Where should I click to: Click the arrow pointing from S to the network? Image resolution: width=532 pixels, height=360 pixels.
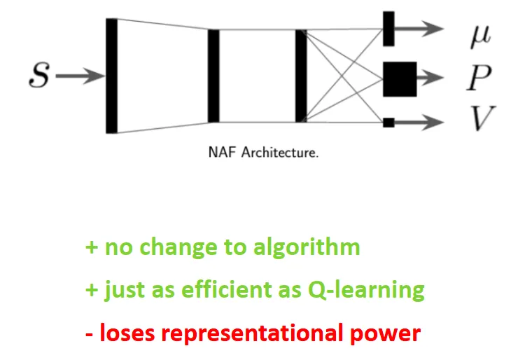click(78, 76)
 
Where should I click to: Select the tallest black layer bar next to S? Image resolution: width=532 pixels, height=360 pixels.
click(111, 76)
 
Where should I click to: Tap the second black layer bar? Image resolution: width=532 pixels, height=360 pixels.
click(213, 76)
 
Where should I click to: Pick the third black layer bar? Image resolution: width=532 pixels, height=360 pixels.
click(301, 76)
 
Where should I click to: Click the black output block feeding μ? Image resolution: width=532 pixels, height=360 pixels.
click(388, 29)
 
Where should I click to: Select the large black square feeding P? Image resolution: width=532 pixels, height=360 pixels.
click(399, 78)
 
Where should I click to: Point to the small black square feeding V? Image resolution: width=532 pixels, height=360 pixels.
click(388, 123)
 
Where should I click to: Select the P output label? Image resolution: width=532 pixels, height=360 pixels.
click(479, 78)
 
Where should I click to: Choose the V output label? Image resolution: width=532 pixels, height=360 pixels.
click(479, 120)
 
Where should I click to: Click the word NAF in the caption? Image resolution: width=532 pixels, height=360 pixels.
click(223, 152)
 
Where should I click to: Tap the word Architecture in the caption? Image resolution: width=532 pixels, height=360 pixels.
click(279, 152)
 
